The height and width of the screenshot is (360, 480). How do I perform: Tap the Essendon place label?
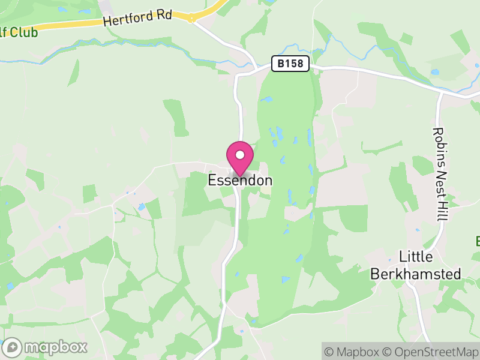[240, 180]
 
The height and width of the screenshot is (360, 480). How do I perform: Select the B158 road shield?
[290, 64]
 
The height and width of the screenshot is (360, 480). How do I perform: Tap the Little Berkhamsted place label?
[416, 265]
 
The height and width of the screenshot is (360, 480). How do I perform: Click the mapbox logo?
[46, 347]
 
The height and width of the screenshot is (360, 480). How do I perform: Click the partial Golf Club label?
[18, 32]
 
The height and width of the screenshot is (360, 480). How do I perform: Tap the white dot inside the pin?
[240, 154]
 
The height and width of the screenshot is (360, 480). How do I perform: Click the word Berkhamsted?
[416, 274]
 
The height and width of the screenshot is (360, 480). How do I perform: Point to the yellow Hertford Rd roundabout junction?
[191, 19]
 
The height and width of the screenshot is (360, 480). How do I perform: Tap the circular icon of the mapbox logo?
[12, 347]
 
